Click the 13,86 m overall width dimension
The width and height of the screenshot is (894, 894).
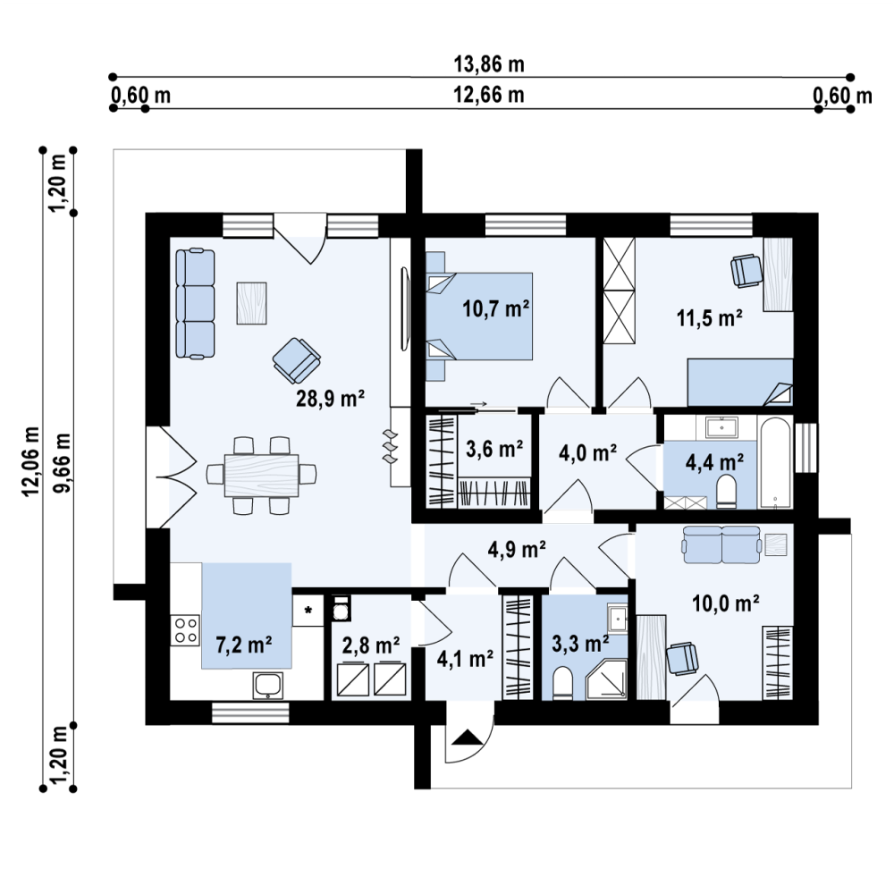point(489,64)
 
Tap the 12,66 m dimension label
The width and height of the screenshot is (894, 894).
point(489,95)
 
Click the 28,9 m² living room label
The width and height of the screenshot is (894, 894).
point(330,398)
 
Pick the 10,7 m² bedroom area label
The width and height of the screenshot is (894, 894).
point(496,308)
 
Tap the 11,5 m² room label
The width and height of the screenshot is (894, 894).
point(709,317)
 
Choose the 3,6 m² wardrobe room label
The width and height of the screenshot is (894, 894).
point(494,449)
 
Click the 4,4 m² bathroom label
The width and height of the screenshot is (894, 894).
point(714,462)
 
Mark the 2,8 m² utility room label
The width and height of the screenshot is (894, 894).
point(371,645)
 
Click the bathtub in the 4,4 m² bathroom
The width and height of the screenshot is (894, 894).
point(774,462)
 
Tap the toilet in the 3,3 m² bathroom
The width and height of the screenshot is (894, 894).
point(562,682)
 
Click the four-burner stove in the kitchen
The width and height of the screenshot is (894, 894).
point(185,630)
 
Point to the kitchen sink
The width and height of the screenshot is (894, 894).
point(268,686)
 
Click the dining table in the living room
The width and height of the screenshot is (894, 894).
point(262,475)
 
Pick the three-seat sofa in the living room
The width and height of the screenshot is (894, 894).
point(195,303)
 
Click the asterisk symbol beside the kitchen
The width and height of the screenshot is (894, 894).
point(308,611)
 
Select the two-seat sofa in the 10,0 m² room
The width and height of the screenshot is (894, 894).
point(722,544)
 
